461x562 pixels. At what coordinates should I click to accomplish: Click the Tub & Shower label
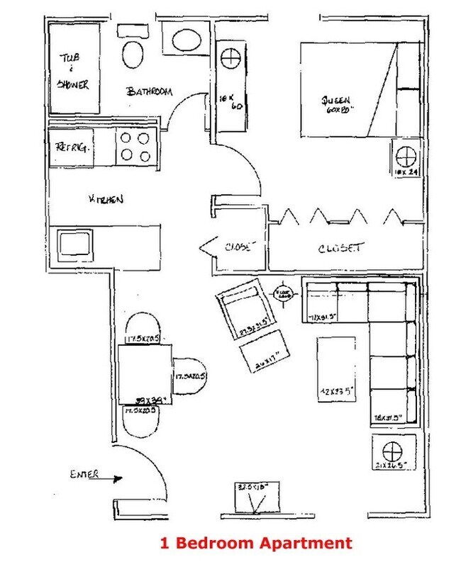tap(73, 74)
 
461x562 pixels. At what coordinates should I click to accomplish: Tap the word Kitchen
tap(106, 200)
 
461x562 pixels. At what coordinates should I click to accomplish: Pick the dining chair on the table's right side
tap(189, 376)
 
